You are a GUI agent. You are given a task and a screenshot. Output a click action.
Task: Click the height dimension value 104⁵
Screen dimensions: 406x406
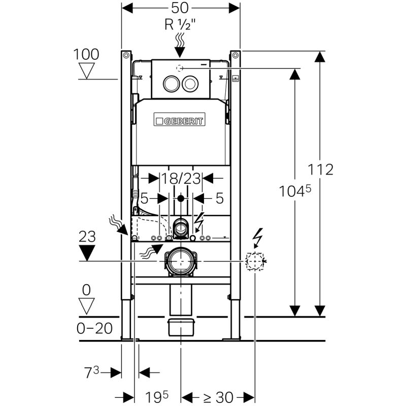pyautogui.click(x=294, y=191)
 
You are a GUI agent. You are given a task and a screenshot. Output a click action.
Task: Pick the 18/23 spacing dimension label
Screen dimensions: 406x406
pyautogui.click(x=181, y=178)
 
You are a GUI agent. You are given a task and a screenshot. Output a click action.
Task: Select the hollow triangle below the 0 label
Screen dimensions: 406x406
pyautogui.click(x=88, y=306)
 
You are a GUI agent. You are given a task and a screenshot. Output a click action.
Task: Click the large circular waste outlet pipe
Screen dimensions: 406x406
pyautogui.click(x=180, y=261)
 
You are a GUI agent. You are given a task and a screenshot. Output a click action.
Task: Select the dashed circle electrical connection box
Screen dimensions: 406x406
pyautogui.click(x=255, y=261)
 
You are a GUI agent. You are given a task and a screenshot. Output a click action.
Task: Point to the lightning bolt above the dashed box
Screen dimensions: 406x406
pyautogui.click(x=257, y=238)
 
